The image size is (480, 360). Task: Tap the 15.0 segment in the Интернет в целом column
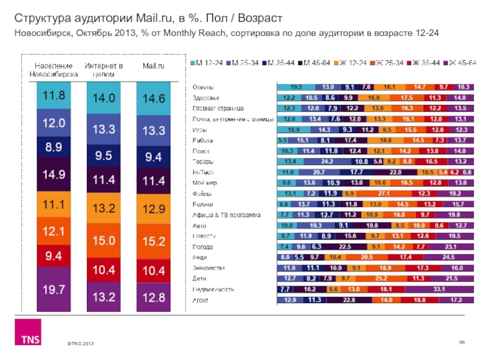pyautogui.click(x=104, y=240)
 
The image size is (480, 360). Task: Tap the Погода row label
pyautogui.click(x=202, y=247)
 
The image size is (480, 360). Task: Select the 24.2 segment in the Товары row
pyautogui.click(x=327, y=161)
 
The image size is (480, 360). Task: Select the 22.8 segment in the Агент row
pyautogui.click(x=349, y=300)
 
